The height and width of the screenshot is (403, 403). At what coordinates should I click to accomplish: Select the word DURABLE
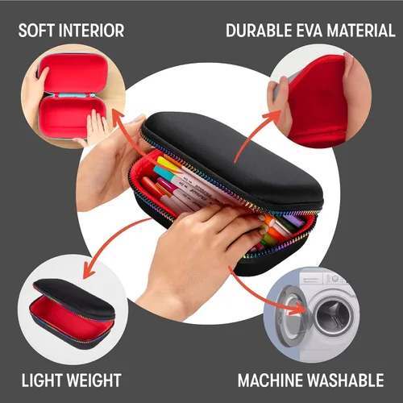259,31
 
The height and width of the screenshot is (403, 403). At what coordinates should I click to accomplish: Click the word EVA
310,31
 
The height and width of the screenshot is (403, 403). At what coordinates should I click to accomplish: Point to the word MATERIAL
361,31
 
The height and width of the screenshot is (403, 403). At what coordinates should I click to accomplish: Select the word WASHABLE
346,380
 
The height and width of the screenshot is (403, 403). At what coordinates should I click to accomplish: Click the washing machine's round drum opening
334,317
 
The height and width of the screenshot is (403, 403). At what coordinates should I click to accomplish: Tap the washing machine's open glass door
293,316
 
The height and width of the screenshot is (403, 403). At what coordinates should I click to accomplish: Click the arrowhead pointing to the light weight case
89,272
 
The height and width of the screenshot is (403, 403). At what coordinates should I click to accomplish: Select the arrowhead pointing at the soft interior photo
118,118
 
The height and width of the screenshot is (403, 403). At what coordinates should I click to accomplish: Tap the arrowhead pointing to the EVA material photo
273,115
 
